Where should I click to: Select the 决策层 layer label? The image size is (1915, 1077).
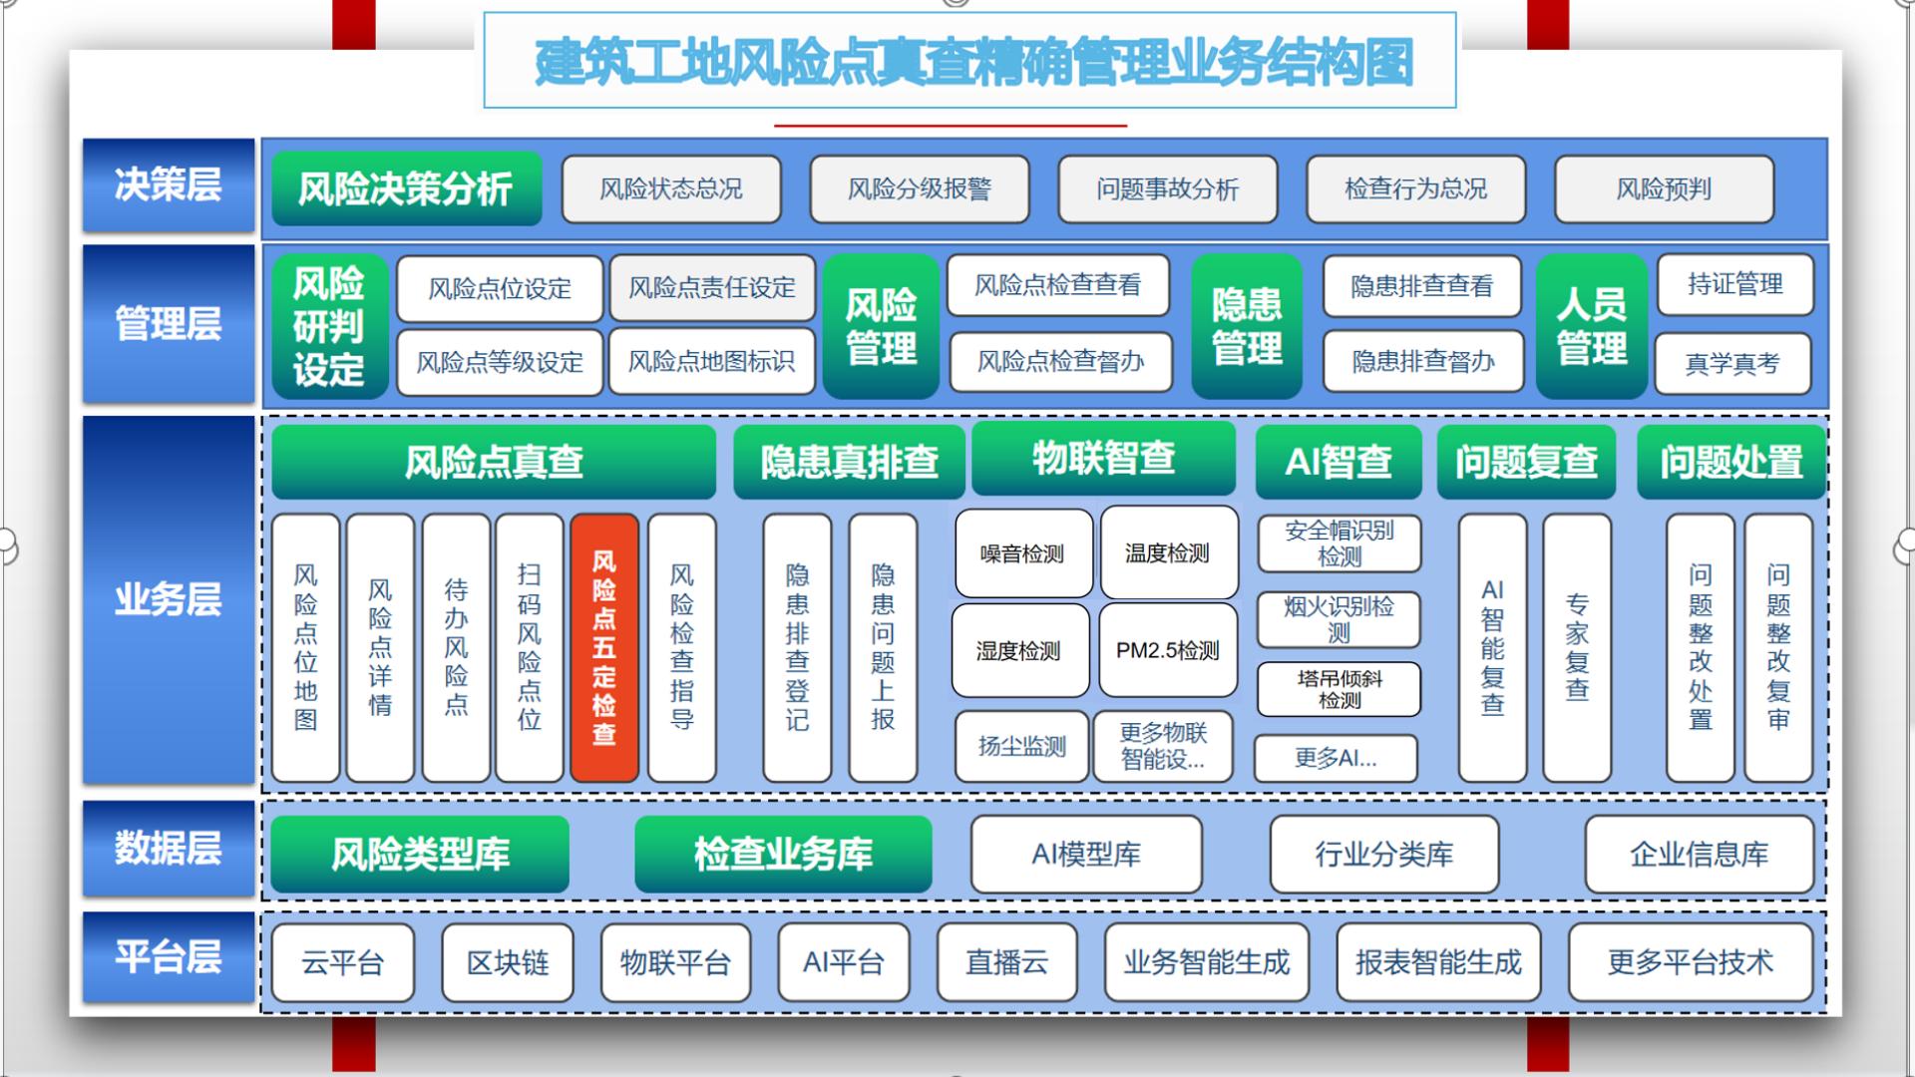168,185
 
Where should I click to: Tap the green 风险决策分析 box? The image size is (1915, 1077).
406,188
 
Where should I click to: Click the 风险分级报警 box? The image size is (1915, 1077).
920,189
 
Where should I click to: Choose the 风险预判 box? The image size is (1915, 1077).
1664,189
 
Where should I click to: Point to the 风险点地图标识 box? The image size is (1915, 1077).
711,361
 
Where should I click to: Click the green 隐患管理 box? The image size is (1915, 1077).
1247,326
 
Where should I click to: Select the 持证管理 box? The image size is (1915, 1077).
1734,284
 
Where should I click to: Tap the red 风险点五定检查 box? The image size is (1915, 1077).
604,647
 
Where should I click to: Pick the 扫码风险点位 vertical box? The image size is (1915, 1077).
529,647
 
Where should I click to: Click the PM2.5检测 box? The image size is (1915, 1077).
1168,651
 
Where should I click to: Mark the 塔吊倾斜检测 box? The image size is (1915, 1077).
1339,689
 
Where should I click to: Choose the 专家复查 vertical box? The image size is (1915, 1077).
1577,647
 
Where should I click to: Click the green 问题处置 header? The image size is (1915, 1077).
1731,462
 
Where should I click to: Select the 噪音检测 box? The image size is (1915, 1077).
1022,553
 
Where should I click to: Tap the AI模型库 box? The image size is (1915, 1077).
1086,854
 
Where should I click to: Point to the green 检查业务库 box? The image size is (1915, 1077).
783,854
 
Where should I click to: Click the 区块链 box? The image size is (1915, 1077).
508,962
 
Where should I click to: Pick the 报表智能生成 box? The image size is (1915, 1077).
1438,962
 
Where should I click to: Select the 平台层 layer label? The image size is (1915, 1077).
168,957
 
